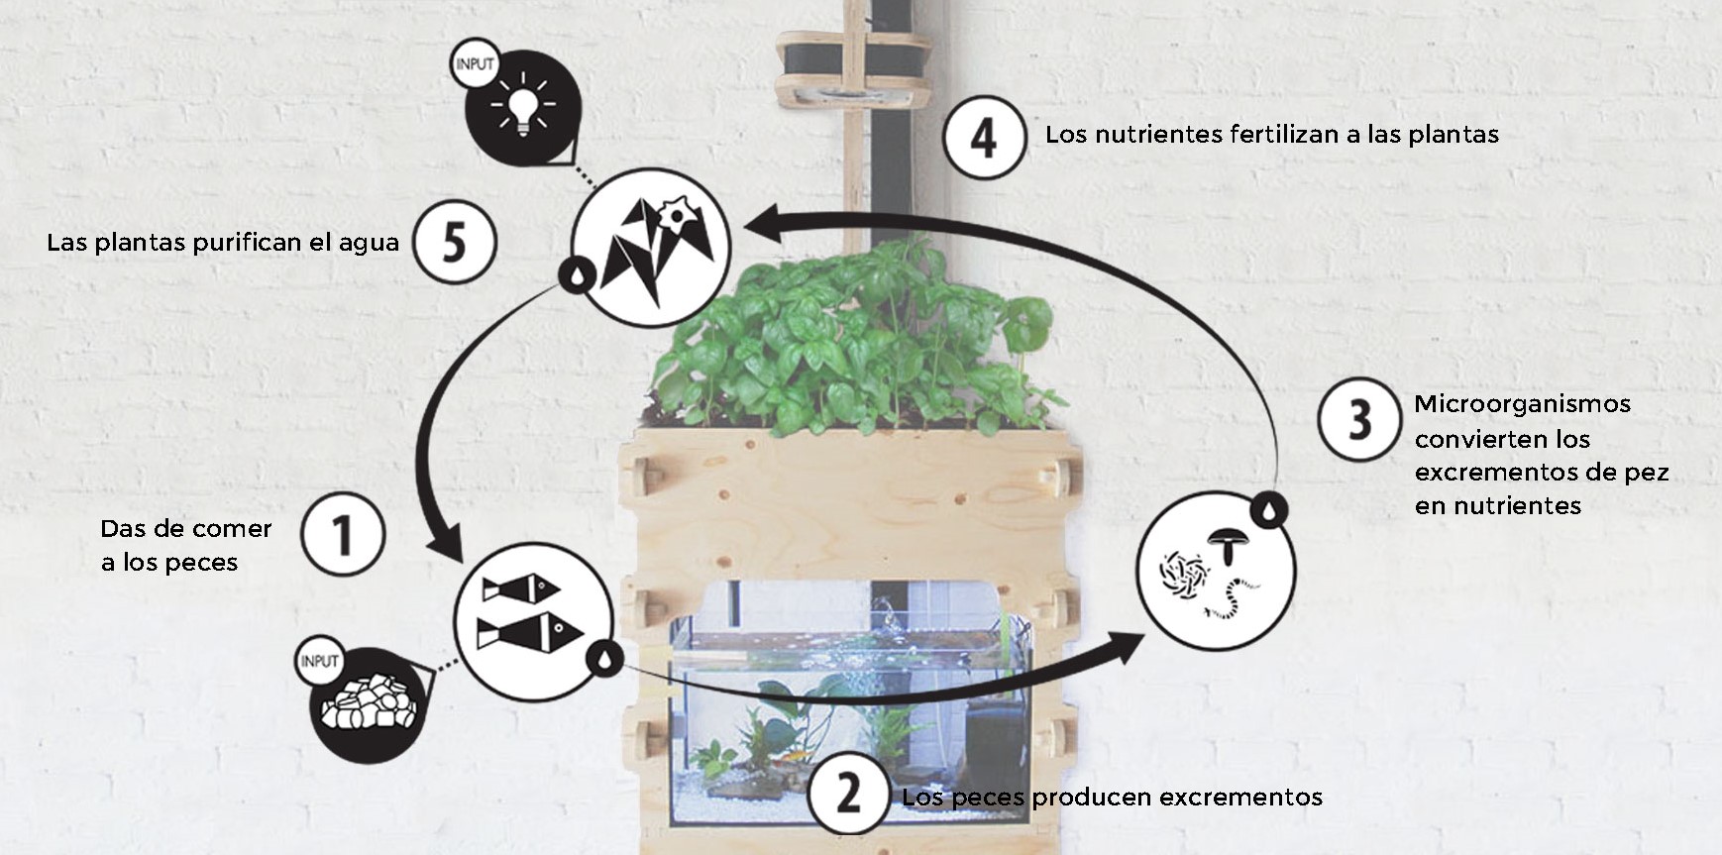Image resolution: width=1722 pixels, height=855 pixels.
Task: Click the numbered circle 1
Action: [x=343, y=535]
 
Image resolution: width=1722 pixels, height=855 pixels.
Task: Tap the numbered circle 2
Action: [x=849, y=794]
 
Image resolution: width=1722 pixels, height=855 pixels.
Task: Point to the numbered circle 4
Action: [x=983, y=138]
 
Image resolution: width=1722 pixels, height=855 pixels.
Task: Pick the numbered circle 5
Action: [x=454, y=242]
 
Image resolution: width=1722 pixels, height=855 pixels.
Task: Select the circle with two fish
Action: [x=533, y=620]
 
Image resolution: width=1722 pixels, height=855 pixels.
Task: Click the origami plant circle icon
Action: [x=650, y=248]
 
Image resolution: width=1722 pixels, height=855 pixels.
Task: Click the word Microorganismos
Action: [x=1523, y=404]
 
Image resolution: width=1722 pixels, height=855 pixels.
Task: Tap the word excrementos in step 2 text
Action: [x=1240, y=797]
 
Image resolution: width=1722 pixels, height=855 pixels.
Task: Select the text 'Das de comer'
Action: [x=186, y=528]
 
